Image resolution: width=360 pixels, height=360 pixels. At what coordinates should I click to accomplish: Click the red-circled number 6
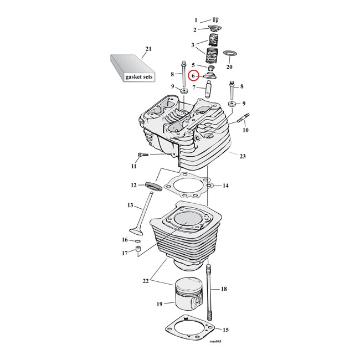(x=193, y=76)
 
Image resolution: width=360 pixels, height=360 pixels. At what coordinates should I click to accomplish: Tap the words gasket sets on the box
(x=138, y=76)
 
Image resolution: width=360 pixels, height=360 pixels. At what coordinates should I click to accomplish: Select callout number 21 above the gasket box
(x=148, y=49)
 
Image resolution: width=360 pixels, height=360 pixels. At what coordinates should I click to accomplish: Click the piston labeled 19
(x=189, y=295)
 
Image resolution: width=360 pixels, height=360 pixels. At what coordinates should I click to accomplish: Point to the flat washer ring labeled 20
(x=230, y=54)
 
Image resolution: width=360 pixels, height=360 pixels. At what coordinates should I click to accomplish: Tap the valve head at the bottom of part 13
(x=136, y=232)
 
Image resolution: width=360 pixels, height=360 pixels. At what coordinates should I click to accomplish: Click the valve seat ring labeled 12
(x=153, y=186)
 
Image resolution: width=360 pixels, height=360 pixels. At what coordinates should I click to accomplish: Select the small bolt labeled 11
(x=143, y=155)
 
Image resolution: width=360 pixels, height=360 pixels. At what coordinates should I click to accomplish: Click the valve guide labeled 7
(x=209, y=90)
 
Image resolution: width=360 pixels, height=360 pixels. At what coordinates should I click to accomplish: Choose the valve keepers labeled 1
(x=215, y=20)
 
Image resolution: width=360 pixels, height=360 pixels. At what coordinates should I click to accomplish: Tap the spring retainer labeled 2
(x=214, y=29)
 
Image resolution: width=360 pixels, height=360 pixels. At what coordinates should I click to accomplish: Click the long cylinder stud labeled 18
(x=209, y=292)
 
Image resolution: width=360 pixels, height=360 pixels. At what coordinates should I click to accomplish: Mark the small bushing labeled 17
(x=139, y=250)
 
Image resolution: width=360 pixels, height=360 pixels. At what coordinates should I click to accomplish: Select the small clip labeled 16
(x=138, y=241)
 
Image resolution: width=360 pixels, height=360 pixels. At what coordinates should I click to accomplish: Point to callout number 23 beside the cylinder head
(x=243, y=156)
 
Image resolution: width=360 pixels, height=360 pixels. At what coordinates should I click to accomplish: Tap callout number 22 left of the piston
(x=146, y=281)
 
